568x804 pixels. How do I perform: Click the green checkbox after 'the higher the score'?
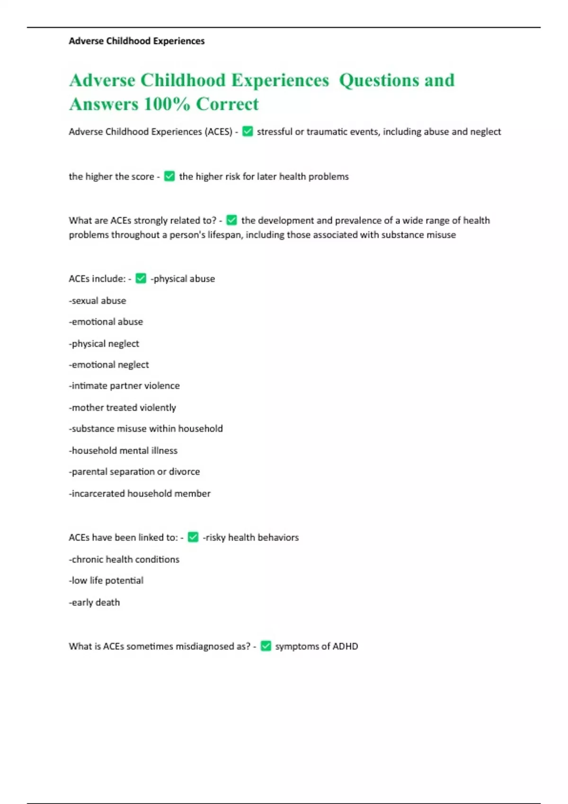click(169, 176)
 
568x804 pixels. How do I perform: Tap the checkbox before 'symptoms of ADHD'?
click(266, 646)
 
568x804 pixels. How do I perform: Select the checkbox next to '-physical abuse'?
click(141, 279)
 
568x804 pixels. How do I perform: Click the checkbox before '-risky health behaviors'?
click(193, 537)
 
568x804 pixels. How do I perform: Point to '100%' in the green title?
click(167, 104)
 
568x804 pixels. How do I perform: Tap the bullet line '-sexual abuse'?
click(98, 301)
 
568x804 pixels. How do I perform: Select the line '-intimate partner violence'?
click(124, 386)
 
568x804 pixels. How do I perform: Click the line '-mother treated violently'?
click(122, 408)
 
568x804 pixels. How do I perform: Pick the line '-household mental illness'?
click(123, 451)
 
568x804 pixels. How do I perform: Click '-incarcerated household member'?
click(140, 494)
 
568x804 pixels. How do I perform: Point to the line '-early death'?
click(94, 603)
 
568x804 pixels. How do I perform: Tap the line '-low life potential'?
click(106, 581)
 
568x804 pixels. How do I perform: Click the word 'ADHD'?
click(345, 647)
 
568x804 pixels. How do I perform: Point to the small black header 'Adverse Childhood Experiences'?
click(137, 41)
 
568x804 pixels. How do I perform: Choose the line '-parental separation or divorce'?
click(134, 472)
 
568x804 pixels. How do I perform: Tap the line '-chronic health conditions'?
click(124, 559)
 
